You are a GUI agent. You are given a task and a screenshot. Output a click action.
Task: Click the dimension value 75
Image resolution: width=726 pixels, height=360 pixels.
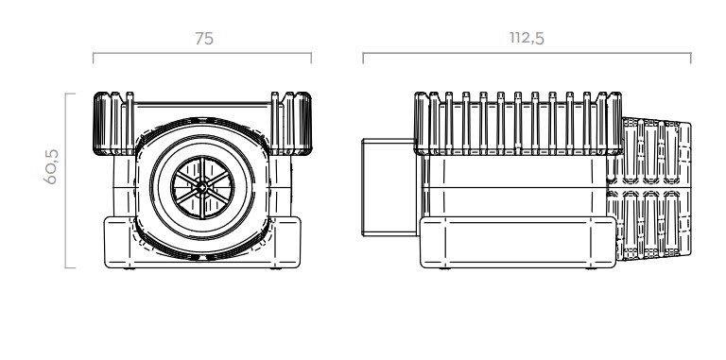(204, 39)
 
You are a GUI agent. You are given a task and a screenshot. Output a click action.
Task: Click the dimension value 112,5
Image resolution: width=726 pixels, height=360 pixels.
(527, 38)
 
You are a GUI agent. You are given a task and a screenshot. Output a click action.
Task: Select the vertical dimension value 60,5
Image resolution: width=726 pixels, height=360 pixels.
(51, 166)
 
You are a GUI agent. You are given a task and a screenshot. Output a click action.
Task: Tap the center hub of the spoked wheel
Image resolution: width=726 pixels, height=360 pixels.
(202, 187)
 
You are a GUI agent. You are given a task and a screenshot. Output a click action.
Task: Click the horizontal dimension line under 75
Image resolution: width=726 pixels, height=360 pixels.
(202, 53)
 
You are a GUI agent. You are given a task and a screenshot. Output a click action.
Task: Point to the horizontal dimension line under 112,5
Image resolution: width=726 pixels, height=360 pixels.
(527, 53)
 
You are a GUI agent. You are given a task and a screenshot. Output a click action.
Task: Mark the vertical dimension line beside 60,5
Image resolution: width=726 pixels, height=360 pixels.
(66, 180)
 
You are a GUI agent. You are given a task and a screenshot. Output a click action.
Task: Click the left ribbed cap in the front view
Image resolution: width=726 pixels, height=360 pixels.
(113, 124)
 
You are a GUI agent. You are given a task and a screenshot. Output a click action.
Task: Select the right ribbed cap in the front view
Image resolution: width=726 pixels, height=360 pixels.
(291, 124)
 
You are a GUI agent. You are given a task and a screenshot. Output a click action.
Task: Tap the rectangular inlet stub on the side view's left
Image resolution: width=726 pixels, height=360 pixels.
(389, 187)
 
